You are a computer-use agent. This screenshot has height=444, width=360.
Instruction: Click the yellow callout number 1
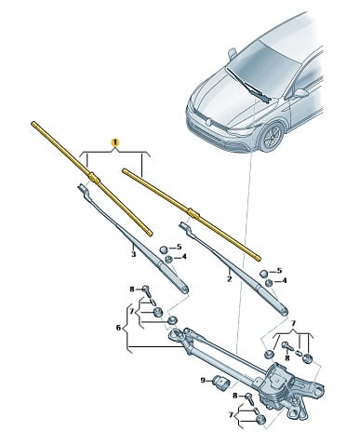(x=115, y=142)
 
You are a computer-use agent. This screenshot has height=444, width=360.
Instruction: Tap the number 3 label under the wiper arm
(x=133, y=254)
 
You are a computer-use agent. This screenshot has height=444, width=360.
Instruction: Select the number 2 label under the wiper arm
(x=229, y=279)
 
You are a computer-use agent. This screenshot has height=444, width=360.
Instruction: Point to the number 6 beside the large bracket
(x=118, y=327)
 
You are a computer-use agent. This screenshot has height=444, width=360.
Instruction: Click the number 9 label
(x=203, y=380)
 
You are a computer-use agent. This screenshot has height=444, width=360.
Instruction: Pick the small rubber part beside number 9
(x=220, y=382)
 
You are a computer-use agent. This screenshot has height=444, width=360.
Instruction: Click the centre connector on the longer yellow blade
(x=94, y=178)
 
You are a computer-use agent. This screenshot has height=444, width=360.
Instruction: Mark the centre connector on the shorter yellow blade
(x=193, y=213)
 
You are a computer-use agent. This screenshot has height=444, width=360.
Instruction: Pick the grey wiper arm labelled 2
(x=234, y=268)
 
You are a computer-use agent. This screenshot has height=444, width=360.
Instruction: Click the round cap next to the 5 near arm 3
(x=164, y=249)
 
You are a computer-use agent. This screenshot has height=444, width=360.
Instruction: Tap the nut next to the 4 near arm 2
(x=269, y=283)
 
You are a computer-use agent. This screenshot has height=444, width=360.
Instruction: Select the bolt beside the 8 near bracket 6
(x=146, y=290)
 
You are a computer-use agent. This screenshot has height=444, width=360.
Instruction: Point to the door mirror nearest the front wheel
(x=300, y=93)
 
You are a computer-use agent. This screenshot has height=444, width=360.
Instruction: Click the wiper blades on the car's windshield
(x=249, y=85)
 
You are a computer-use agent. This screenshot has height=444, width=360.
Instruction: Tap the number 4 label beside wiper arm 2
(x=284, y=281)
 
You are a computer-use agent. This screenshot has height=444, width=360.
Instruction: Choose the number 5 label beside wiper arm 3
(x=179, y=248)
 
